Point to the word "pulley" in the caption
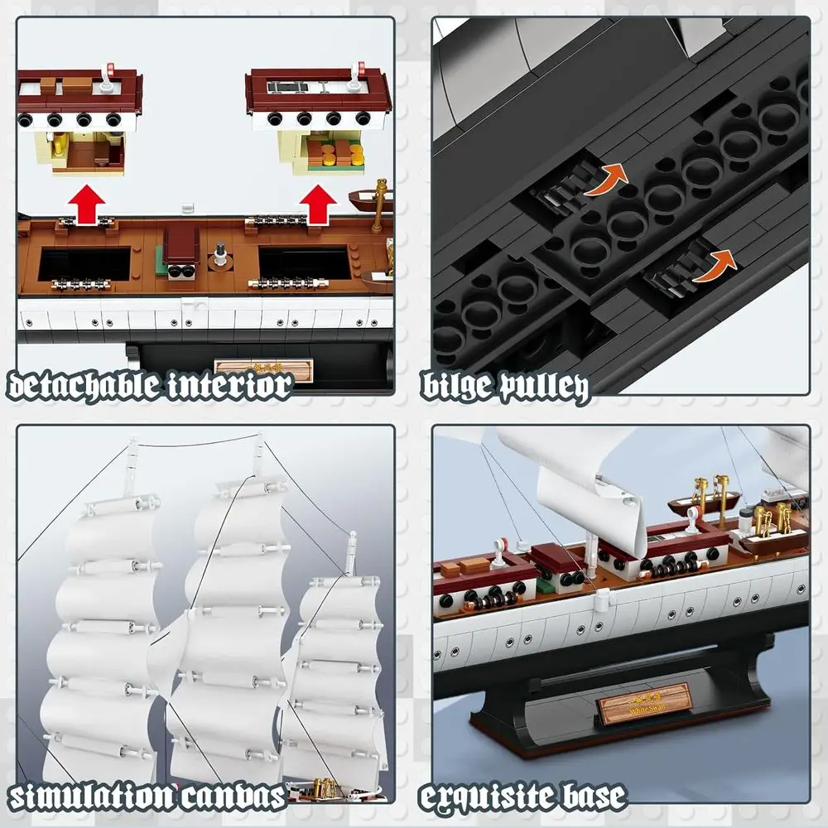pos(547,386)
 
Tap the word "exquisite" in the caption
pos(489,797)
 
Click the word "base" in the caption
pos(590,797)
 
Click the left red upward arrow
pos(87,204)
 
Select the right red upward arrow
pos(317,204)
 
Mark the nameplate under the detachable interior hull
pos(262,369)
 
